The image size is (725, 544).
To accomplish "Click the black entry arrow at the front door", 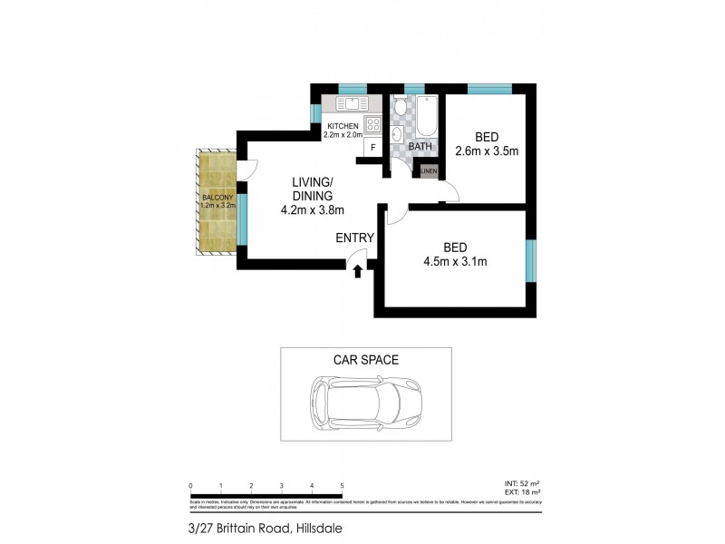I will click(x=358, y=270).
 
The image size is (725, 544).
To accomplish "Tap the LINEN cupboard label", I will click(x=429, y=170).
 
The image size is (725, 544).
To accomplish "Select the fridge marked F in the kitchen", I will click(x=372, y=147).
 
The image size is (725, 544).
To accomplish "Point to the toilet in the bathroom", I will click(x=400, y=107).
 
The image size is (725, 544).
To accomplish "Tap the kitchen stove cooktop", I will click(x=372, y=124).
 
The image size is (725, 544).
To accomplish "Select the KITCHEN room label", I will click(x=343, y=125).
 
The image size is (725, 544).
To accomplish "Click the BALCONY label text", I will click(x=217, y=197).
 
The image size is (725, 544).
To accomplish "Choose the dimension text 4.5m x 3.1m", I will click(x=456, y=263).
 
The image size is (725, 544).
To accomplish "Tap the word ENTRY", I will click(x=354, y=238).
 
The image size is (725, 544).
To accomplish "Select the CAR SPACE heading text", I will click(x=366, y=360).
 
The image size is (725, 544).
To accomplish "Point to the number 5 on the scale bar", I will click(x=342, y=487).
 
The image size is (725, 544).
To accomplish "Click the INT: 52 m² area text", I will click(x=521, y=485).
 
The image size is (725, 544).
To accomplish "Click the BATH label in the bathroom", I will click(x=420, y=146).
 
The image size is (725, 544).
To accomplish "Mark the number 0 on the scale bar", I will click(x=190, y=487).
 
